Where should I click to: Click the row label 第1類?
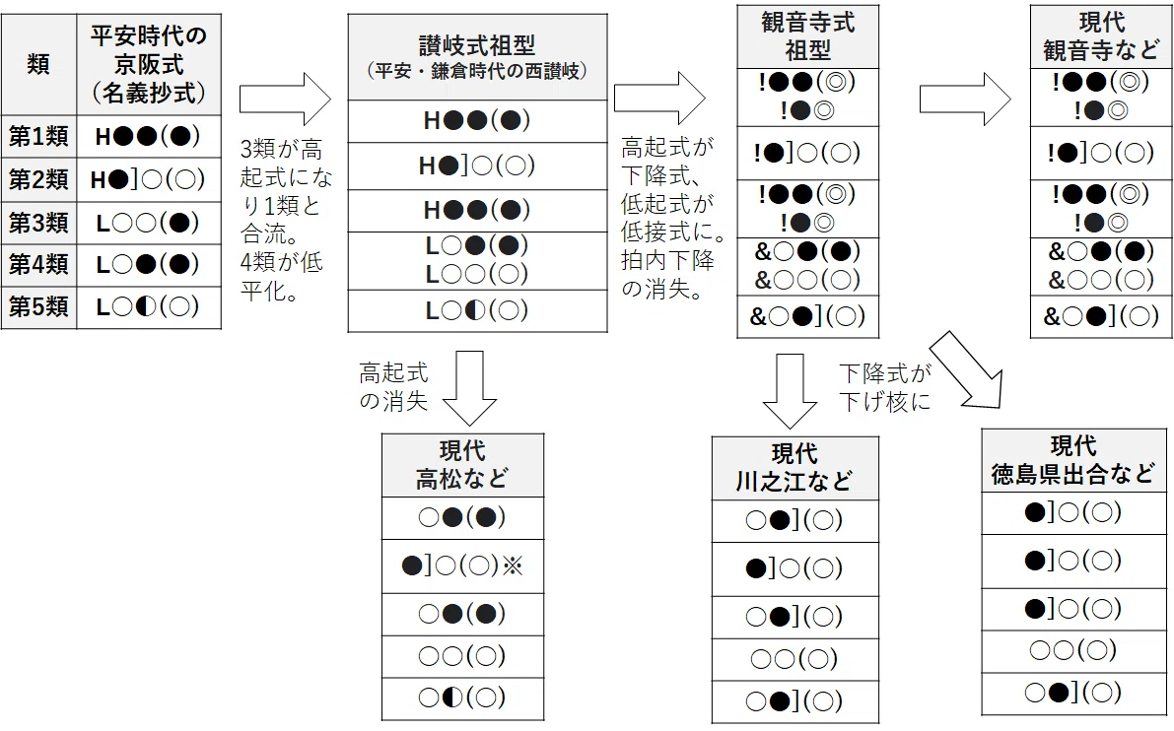click(38, 136)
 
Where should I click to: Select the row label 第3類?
click(38, 223)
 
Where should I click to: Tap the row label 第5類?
click(38, 306)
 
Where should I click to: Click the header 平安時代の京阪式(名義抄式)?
click(148, 64)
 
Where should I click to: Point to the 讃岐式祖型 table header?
click(477, 57)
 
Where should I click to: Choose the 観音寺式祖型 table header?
click(807, 35)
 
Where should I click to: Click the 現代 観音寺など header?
click(1101, 35)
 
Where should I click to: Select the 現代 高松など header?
click(462, 465)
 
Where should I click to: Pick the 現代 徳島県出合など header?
click(1072, 460)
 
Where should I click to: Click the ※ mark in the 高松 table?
click(513, 565)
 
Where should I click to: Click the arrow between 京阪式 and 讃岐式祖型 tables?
click(285, 99)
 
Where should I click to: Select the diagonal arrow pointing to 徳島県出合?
click(966, 370)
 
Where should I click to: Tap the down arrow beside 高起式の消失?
click(469, 387)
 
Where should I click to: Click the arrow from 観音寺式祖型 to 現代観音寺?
click(965, 99)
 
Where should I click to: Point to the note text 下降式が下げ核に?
click(885, 387)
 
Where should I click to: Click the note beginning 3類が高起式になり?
click(285, 220)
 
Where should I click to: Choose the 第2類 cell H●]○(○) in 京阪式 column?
click(148, 179)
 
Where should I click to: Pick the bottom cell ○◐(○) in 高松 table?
click(462, 698)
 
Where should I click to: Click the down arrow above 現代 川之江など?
click(790, 390)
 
